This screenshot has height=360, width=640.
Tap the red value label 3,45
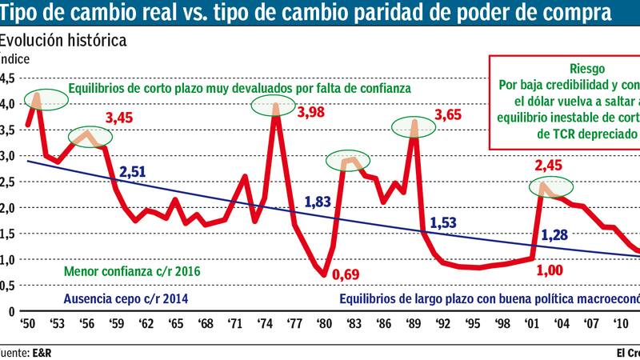click(121, 118)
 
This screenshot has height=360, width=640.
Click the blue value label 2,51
click(134, 170)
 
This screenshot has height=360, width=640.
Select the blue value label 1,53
click(445, 224)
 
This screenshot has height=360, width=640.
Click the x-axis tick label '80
click(323, 326)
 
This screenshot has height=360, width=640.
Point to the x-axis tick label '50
click(29, 326)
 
